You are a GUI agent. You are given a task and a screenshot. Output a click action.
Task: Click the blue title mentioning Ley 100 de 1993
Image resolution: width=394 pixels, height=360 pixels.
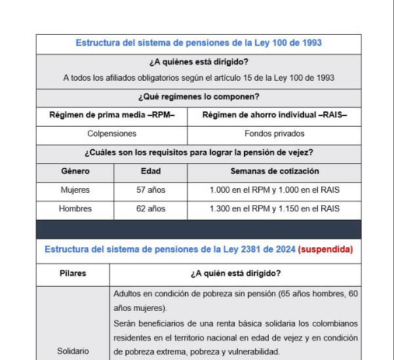[199, 43]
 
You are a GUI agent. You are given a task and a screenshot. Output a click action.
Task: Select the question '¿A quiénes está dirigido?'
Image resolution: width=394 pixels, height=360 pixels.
[199, 63]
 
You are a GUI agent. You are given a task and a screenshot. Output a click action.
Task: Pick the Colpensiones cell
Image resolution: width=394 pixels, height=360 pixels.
[112, 134]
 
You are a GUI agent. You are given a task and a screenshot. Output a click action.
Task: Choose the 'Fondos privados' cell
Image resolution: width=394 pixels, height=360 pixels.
[274, 134]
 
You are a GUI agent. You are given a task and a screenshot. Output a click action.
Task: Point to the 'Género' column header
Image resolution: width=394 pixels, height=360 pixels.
[75, 171]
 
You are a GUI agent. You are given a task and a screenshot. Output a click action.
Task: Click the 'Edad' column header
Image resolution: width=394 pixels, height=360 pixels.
[151, 171]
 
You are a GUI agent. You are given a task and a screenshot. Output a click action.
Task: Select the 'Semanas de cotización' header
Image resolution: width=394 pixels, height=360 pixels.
[274, 171]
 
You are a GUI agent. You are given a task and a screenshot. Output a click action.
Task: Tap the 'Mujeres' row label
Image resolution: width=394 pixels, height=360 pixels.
[75, 190]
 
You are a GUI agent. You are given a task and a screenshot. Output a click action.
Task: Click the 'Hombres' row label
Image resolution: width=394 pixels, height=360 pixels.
[75, 209]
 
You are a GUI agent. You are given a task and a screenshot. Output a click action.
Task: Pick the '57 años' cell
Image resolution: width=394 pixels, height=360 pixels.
[151, 190]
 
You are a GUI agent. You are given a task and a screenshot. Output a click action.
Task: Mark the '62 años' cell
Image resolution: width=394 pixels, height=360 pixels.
[151, 209]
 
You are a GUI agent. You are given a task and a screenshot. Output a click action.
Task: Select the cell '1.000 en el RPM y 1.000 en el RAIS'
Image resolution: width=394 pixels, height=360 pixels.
[274, 190]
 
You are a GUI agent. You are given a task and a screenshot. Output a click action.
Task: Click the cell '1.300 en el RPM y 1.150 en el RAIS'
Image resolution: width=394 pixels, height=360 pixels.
[274, 209]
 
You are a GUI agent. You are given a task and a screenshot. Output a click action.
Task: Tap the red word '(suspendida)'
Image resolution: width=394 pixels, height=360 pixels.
[325, 249]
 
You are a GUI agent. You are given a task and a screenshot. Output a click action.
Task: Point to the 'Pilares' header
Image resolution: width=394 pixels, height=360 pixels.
[73, 273]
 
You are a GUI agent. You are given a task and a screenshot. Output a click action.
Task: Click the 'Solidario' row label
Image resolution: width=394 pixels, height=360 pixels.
[73, 351]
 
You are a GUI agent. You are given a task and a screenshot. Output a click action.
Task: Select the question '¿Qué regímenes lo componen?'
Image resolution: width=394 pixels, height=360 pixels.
[199, 97]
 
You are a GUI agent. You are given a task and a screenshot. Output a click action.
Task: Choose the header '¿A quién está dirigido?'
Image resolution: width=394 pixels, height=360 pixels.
[235, 273]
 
